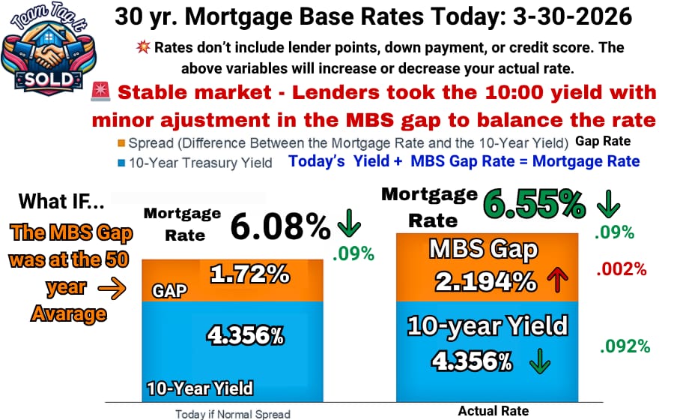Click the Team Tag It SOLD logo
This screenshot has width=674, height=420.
[48, 49]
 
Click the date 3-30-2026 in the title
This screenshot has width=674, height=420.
[572, 16]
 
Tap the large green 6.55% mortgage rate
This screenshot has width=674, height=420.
[534, 203]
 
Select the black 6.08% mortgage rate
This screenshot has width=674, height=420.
[280, 226]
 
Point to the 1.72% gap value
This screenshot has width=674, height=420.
[249, 274]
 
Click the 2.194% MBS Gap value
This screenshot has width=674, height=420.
[486, 282]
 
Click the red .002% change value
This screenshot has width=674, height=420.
[621, 269]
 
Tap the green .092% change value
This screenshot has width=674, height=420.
[625, 346]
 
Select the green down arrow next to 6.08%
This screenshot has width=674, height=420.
[349, 223]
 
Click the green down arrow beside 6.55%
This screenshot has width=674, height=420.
[608, 203]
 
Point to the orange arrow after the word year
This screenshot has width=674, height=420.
[112, 288]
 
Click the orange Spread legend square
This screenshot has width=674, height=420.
[121, 142]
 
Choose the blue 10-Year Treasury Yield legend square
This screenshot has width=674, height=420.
[121, 163]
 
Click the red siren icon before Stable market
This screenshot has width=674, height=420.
[101, 91]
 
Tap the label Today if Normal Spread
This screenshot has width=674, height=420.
[233, 414]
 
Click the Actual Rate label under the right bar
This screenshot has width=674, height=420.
[493, 411]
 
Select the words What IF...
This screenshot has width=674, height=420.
[61, 201]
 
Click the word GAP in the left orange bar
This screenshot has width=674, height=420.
[169, 291]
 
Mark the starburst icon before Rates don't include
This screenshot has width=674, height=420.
[143, 46]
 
